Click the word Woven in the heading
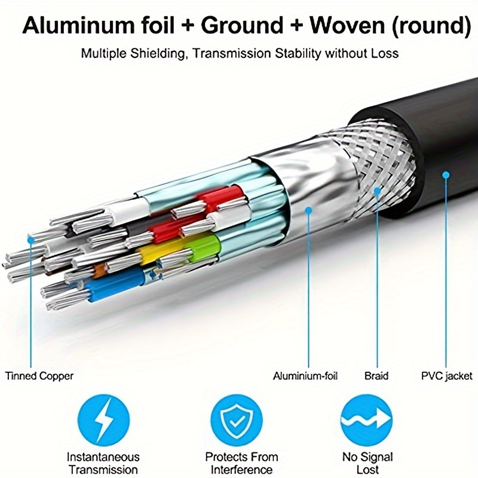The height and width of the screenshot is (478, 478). tap(348, 25)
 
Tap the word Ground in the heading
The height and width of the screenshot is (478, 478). tap(242, 25)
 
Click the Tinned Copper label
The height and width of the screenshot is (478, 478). tap(39, 376)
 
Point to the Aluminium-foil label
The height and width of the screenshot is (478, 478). tap(305, 376)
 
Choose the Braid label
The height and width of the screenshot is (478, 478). tap(376, 376)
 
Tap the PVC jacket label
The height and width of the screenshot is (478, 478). tap(446, 376)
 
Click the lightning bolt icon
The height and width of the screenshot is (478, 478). tap(103, 421)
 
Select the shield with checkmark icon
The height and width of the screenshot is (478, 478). tap(237, 421)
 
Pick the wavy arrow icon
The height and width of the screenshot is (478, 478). tap(366, 421)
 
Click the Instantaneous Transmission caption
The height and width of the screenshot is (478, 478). tap(103, 463)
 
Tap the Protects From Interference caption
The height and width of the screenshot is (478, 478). tap(241, 463)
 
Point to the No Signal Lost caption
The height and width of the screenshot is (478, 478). tap(367, 463)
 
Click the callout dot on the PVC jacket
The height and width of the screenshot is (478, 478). tap(446, 175)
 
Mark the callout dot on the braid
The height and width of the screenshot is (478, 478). tap(377, 191)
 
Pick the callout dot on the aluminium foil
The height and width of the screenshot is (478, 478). tap(308, 210)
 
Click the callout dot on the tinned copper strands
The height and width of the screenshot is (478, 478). tap(31, 240)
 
